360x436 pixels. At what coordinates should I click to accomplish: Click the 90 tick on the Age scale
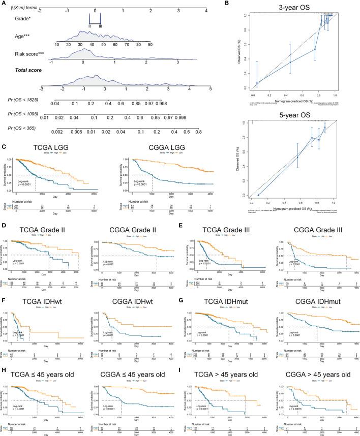(149, 45)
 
